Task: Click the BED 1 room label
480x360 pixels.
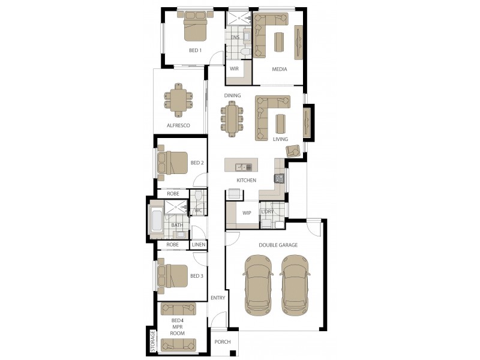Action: pyautogui.click(x=194, y=50)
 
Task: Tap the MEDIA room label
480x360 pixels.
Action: pyautogui.click(x=279, y=69)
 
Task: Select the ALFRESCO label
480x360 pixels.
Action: pyautogui.click(x=178, y=125)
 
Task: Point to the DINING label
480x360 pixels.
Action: pyautogui.click(x=232, y=95)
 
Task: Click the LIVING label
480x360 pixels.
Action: pyautogui.click(x=280, y=139)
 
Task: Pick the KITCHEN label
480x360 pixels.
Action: pyautogui.click(x=246, y=180)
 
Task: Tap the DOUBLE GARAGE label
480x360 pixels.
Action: pyautogui.click(x=278, y=245)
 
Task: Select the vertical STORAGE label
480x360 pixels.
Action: pyautogui.click(x=153, y=340)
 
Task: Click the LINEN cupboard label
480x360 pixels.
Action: pyautogui.click(x=199, y=245)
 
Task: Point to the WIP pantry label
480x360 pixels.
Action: pyautogui.click(x=247, y=213)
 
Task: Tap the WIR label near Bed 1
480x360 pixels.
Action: pyautogui.click(x=234, y=69)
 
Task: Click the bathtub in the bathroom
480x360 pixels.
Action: pyautogui.click(x=155, y=219)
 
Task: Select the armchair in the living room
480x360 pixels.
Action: pyautogui.click(x=294, y=151)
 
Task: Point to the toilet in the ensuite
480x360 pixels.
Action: pyautogui.click(x=244, y=53)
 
